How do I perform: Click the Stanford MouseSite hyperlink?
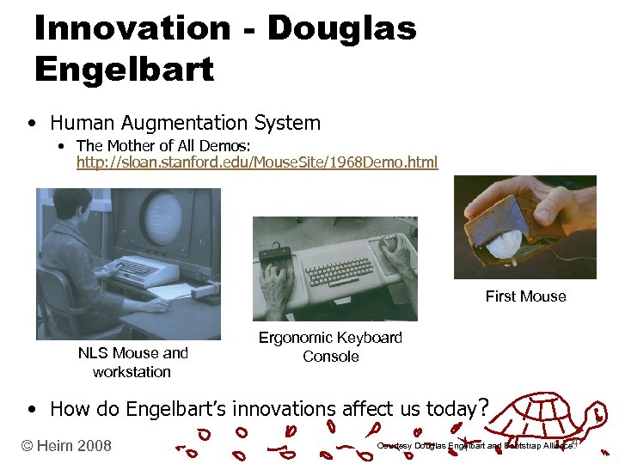click(x=256, y=162)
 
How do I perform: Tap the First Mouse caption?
click(x=525, y=296)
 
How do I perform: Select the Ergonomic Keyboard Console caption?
click(x=330, y=346)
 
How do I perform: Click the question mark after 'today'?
click(x=484, y=406)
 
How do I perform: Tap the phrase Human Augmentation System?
click(x=185, y=123)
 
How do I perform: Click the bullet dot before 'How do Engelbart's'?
click(x=31, y=409)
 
